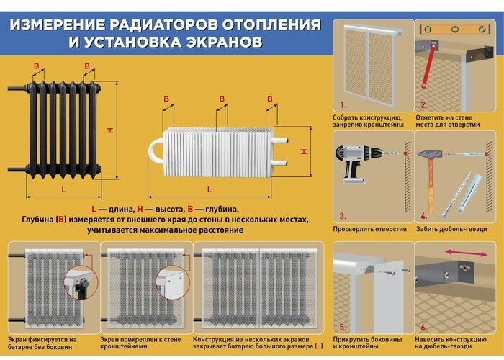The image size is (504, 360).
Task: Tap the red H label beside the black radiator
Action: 110,130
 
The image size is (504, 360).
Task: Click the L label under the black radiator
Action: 63,189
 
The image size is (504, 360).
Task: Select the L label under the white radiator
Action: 210,189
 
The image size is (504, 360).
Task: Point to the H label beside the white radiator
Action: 305,152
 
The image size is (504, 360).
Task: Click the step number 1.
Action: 343,105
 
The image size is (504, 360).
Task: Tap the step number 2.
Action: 424,105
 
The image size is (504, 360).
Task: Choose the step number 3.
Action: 343,215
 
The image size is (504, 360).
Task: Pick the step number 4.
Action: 424,215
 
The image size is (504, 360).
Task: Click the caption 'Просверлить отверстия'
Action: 369,229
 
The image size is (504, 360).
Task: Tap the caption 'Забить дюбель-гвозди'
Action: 451,229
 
